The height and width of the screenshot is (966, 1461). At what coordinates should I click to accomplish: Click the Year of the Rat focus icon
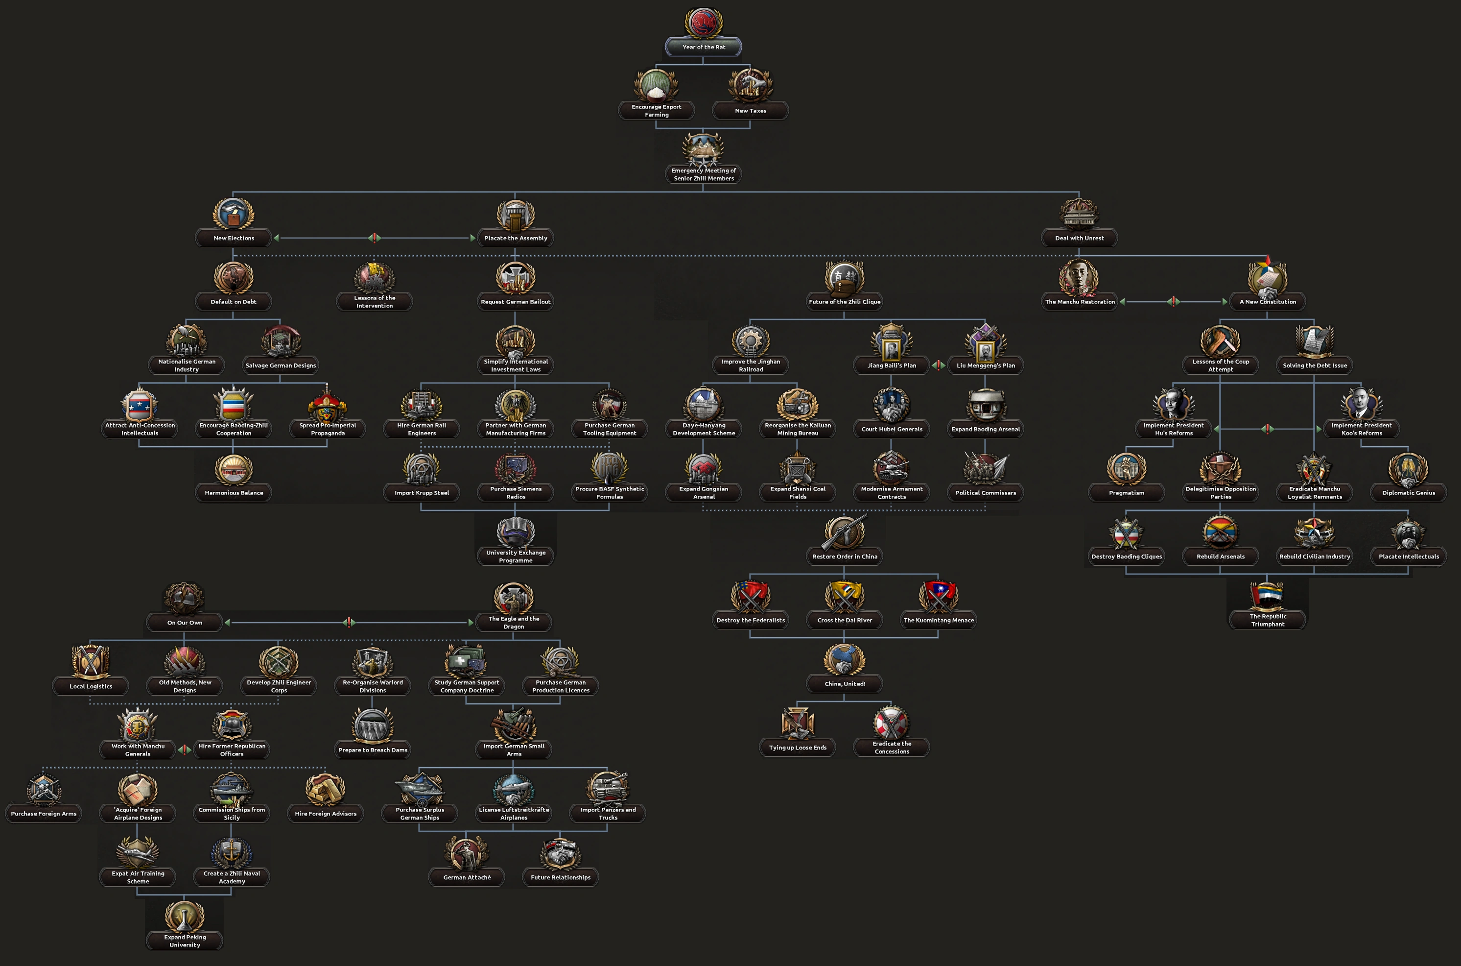[x=703, y=24]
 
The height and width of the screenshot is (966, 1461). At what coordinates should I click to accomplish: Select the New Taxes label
[x=750, y=111]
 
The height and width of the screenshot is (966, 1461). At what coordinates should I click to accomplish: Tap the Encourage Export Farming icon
[x=656, y=85]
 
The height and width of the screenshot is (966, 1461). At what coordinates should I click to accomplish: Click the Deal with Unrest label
[x=1079, y=238]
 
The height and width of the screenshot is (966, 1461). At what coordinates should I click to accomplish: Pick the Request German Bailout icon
[x=516, y=278]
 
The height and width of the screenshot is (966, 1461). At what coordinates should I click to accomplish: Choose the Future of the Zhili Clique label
[x=844, y=302]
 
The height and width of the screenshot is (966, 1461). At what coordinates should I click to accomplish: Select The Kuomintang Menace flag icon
[x=938, y=596]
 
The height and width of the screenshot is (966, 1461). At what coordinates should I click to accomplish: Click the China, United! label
[x=844, y=684]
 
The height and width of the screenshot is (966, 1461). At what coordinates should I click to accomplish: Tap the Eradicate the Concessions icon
[x=891, y=723]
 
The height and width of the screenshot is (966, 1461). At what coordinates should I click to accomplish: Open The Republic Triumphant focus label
[x=1267, y=620]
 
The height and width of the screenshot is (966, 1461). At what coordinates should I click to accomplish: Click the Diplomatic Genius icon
[x=1408, y=469]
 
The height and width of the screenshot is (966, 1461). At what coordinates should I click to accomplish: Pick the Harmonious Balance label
[x=234, y=493]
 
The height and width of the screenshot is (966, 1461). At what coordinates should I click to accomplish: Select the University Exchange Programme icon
[x=516, y=531]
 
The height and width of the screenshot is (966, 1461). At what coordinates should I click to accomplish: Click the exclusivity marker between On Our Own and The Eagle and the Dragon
[x=349, y=622]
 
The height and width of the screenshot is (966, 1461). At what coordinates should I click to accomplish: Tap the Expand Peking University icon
[x=184, y=917]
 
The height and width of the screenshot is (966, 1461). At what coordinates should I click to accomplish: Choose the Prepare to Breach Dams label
[x=373, y=750]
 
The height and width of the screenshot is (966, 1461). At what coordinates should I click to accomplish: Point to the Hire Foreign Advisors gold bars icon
[x=325, y=789]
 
